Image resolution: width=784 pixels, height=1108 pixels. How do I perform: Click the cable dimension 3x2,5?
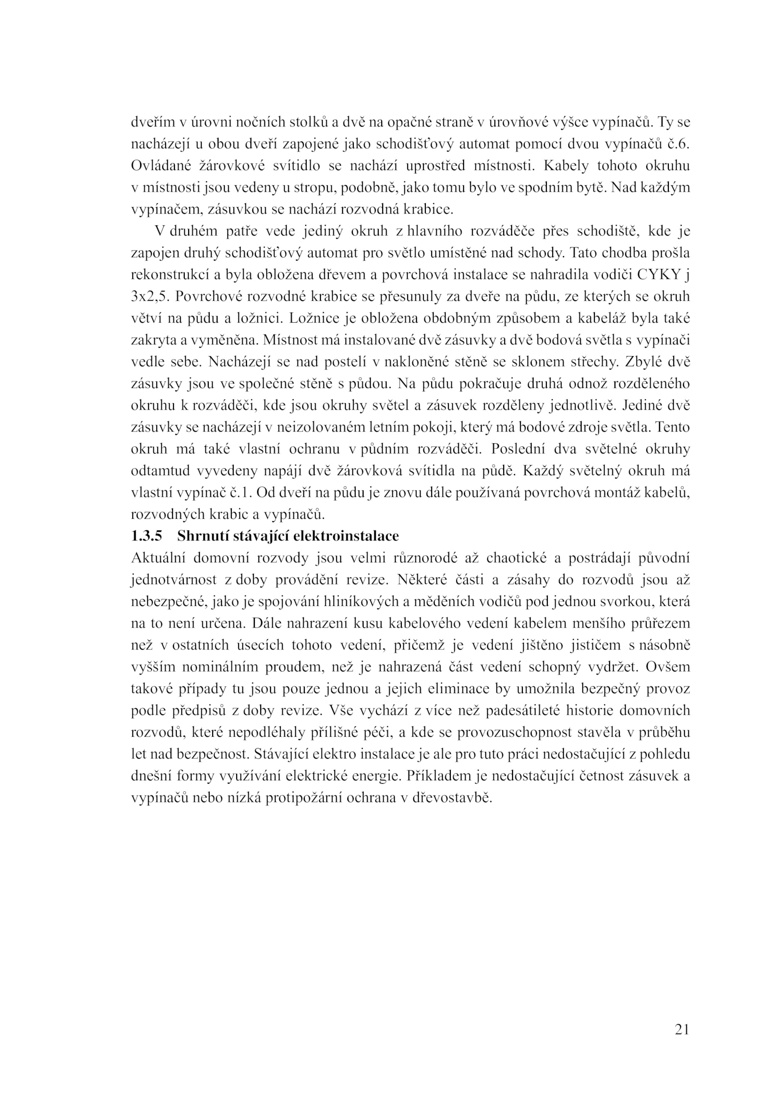point(149,297)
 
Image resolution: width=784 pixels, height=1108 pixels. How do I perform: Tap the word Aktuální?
point(157,558)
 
